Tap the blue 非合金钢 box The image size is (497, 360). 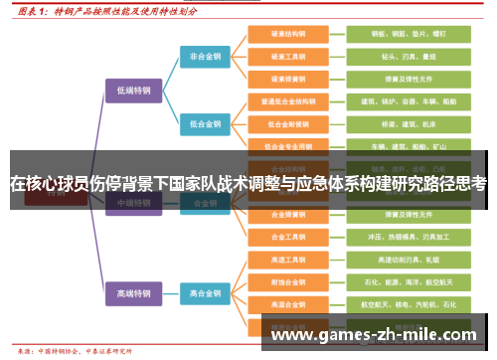206,57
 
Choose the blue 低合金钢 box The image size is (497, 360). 206,124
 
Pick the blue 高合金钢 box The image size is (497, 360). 206,293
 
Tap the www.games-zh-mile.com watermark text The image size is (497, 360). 373,335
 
